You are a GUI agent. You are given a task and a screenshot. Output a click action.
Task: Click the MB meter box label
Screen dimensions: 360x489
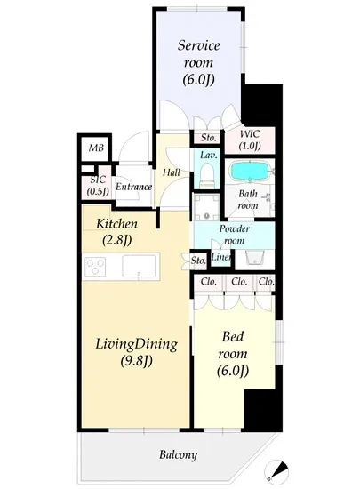click(96, 148)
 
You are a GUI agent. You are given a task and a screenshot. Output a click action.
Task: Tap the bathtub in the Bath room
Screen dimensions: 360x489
click(250, 172)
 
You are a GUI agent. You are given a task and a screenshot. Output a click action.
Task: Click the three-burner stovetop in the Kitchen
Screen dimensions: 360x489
click(95, 267)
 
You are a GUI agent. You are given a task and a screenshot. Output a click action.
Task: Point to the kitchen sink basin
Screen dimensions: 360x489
click(139, 266)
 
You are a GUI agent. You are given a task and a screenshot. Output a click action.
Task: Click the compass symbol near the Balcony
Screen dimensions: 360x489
click(276, 470)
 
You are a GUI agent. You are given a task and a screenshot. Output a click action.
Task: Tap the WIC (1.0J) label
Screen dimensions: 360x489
click(250, 140)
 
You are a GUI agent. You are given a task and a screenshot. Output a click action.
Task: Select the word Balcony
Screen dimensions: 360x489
click(178, 454)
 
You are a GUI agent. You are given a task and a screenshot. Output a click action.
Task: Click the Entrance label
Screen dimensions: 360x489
click(133, 187)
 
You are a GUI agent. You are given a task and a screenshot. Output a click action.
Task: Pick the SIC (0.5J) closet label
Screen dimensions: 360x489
click(98, 185)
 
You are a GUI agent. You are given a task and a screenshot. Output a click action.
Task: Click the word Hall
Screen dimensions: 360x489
click(172, 172)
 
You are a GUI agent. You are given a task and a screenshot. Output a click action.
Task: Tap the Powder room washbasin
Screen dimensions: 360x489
click(254, 258)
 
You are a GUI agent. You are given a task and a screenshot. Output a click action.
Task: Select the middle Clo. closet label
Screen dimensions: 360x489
click(239, 282)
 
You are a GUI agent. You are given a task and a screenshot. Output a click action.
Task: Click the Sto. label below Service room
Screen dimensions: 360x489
click(208, 138)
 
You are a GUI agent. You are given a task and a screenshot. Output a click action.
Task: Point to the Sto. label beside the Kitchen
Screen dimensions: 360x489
click(198, 261)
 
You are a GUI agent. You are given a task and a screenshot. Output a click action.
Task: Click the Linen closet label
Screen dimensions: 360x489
click(220, 257)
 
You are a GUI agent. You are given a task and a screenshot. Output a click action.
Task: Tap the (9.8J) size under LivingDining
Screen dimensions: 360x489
click(137, 361)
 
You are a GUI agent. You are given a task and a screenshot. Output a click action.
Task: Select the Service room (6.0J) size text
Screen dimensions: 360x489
click(198, 79)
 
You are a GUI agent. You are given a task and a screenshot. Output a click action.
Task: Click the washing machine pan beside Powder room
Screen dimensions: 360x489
click(206, 207)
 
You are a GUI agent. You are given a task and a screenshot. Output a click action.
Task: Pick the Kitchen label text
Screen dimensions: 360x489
click(116, 223)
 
